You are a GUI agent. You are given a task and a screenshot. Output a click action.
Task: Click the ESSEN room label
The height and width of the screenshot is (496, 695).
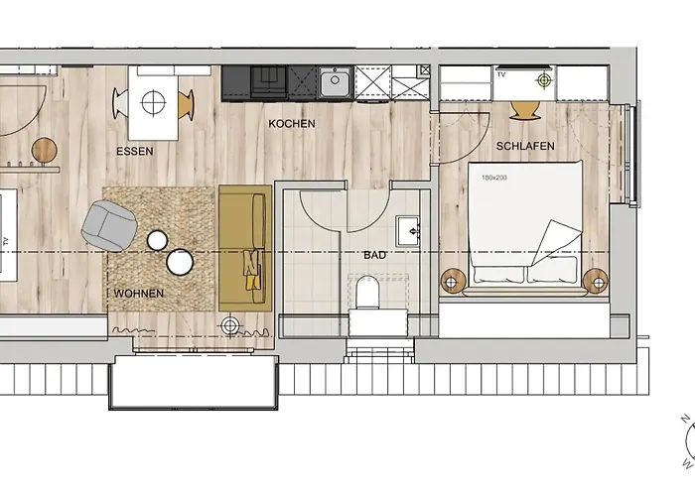[x=134, y=152]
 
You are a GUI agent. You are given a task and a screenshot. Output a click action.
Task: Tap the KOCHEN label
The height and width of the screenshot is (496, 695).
[x=292, y=124]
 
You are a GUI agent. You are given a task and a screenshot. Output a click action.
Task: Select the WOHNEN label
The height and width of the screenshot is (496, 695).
[x=138, y=295]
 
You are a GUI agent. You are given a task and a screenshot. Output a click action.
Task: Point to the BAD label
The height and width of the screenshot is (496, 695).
[x=374, y=255]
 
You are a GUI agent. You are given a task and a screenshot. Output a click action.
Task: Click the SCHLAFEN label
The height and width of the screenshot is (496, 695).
[x=526, y=146]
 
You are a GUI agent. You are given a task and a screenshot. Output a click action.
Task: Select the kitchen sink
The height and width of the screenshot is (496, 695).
[x=336, y=81]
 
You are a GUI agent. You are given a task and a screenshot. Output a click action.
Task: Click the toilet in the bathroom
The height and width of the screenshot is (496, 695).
[x=365, y=296]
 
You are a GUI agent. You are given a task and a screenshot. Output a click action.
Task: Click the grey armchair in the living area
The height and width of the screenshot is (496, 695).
[x=106, y=223]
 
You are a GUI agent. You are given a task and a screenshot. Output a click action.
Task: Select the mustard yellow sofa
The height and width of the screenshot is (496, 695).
[x=244, y=248]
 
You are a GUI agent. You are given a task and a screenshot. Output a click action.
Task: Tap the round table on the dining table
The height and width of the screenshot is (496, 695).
[x=153, y=100]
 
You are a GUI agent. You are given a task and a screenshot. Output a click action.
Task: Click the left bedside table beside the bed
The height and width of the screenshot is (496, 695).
[x=454, y=281]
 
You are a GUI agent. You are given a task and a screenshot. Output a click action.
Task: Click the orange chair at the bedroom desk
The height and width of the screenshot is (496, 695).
[x=524, y=106]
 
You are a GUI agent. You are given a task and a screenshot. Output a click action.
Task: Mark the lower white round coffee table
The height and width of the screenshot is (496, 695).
[x=180, y=262]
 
